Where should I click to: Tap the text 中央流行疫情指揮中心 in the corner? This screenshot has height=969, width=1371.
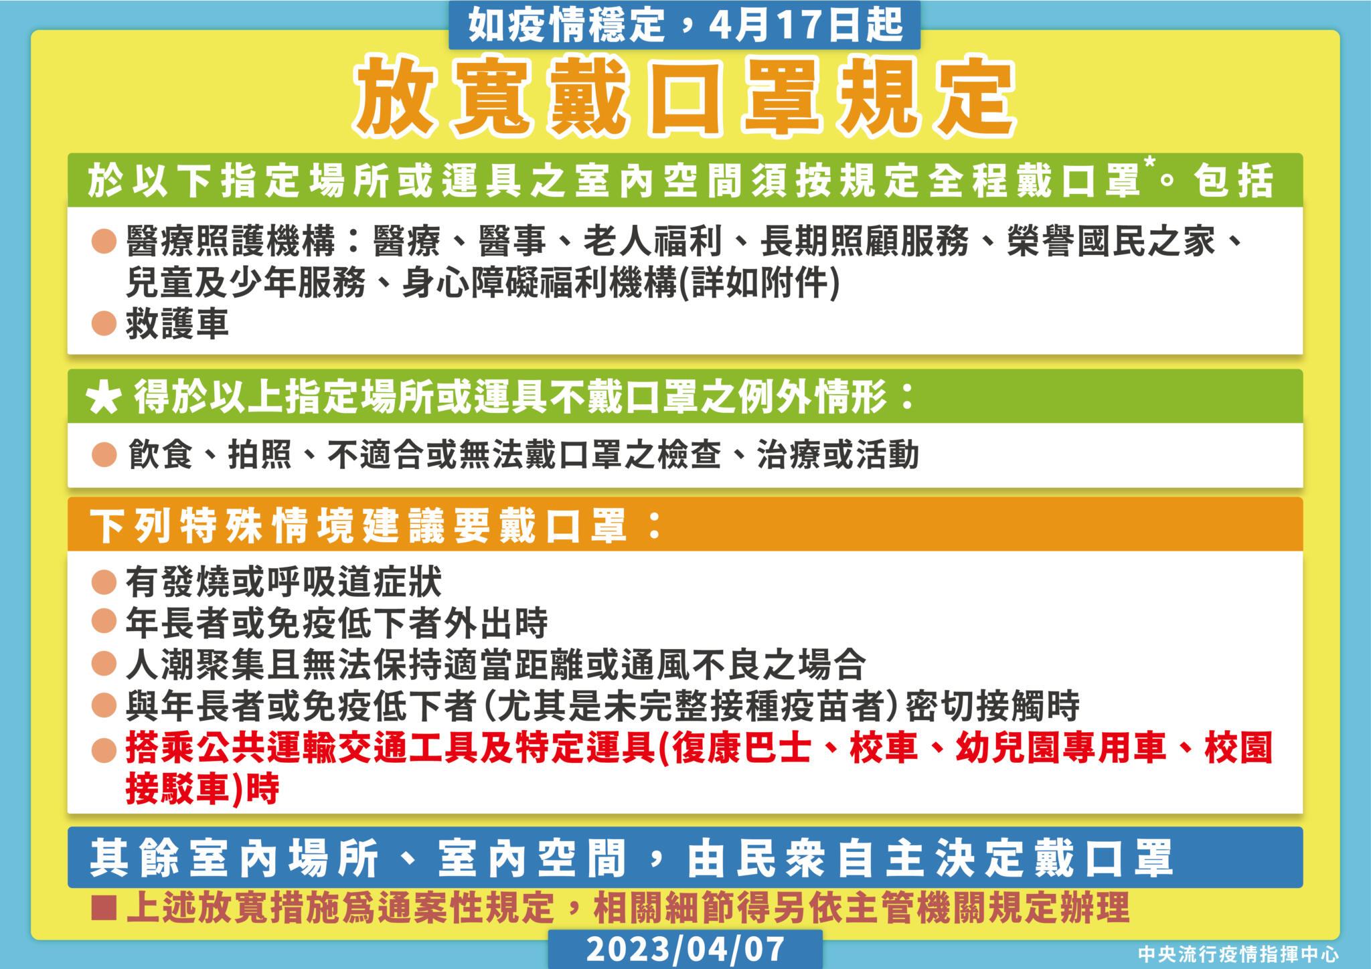click(x=1238, y=954)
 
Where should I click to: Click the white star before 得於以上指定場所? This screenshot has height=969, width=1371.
click(x=104, y=399)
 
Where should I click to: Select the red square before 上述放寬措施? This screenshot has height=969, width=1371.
click(x=104, y=909)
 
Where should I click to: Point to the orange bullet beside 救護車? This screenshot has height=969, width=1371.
click(x=104, y=323)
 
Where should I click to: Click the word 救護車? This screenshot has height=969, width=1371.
click(x=177, y=324)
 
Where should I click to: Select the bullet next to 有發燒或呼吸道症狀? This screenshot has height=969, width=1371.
click(x=104, y=582)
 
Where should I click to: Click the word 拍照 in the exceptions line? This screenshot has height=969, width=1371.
click(x=260, y=455)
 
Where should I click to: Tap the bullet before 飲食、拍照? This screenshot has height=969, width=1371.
click(x=104, y=455)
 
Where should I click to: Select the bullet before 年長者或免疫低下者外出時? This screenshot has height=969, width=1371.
click(x=104, y=622)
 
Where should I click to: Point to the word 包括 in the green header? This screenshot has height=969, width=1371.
click(x=1233, y=181)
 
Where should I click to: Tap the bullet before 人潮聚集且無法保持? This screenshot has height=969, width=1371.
click(x=104, y=664)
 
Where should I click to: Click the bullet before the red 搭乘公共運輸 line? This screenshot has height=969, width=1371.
click(x=104, y=750)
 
